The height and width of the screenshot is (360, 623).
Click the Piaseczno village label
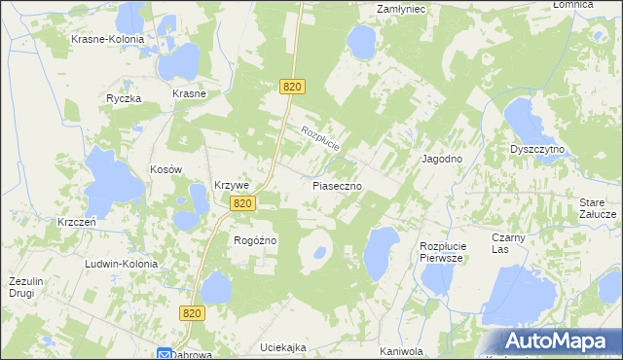[338, 184]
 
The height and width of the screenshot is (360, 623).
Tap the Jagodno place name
[441, 159]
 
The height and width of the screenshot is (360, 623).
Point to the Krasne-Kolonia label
[107, 40]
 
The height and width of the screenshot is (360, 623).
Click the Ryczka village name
[125, 98]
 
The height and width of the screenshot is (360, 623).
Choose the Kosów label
[166, 168]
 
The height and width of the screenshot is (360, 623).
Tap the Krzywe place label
[233, 185]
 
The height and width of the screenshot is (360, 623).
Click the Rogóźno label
[256, 240]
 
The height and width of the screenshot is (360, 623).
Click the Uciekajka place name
[284, 347]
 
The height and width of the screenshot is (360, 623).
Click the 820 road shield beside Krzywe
[243, 203]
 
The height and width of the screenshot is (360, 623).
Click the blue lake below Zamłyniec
[362, 41]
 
